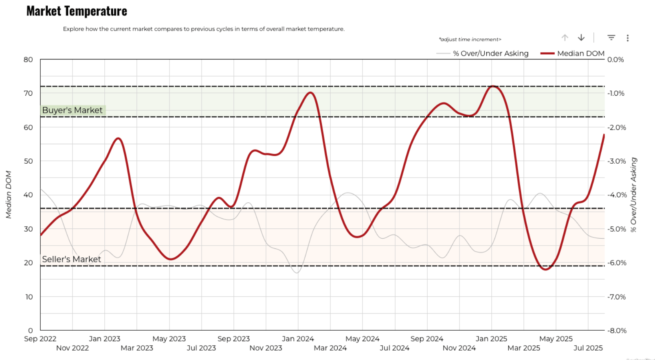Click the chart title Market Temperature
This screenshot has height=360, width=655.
77,11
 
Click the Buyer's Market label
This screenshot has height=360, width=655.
73,110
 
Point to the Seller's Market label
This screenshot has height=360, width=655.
71,259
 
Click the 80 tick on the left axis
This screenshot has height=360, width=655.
28,59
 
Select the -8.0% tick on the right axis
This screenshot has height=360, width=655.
616,330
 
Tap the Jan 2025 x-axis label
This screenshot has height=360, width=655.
491,339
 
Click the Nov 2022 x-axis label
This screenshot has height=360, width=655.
73,348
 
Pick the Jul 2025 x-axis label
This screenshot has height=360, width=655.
588,348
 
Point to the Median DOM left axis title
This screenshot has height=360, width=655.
9,195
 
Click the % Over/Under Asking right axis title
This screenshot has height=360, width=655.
633,195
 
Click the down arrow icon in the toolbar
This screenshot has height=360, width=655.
581,38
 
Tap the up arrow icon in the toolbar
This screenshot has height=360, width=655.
565,38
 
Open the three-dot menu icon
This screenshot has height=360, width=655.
628,38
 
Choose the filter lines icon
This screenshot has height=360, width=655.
611,37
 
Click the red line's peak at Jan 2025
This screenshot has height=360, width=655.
493,86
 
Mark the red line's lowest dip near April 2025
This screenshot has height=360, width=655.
545,269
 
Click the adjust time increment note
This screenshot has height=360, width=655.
470,40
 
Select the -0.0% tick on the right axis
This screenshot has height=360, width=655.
615,59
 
